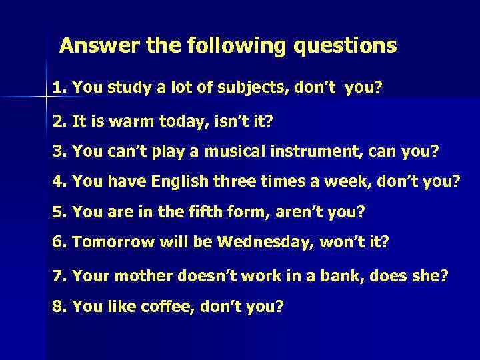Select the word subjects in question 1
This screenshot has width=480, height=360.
click(246, 87)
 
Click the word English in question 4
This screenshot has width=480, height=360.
click(179, 181)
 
